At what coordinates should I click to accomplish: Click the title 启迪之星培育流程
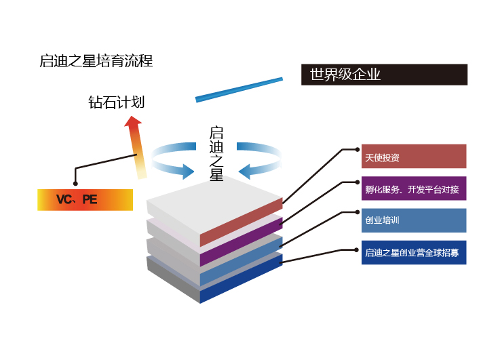[96, 61]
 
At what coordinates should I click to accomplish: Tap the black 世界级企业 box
[384, 75]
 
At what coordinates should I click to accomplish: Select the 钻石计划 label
[116, 102]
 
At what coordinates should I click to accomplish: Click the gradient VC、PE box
[85, 200]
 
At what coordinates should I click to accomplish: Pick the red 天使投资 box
[413, 157]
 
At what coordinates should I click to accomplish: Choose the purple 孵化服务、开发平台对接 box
[413, 189]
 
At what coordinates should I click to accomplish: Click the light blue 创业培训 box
[413, 220]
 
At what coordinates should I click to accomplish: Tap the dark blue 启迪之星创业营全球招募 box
[413, 252]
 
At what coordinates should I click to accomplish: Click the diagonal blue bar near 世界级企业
[239, 89]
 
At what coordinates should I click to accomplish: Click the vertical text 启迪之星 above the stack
[216, 153]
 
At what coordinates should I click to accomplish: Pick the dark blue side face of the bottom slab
[242, 279]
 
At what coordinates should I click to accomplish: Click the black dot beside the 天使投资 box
[358, 148]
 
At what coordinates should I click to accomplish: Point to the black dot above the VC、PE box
[76, 183]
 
